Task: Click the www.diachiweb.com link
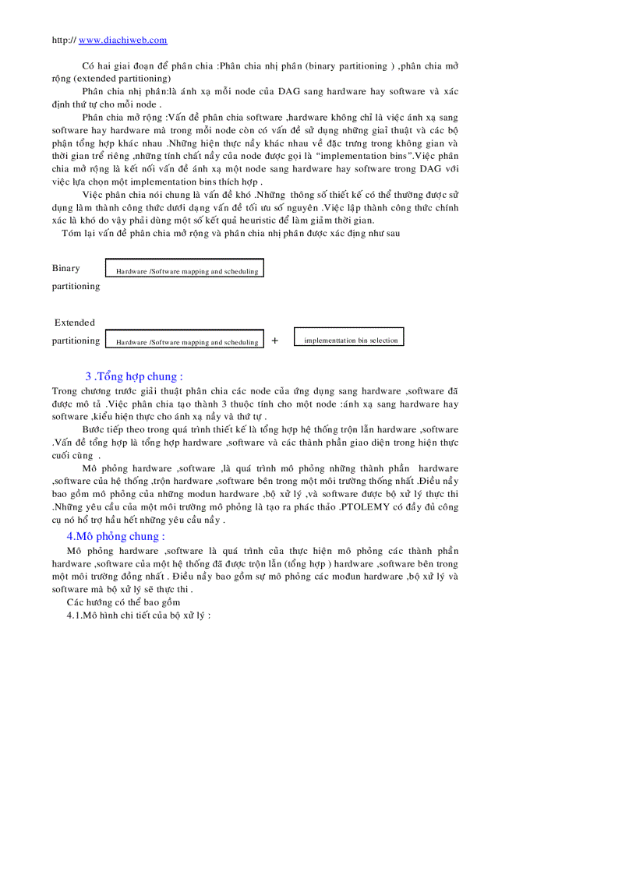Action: pyautogui.click(x=123, y=41)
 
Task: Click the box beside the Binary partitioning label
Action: pyautogui.click(x=185, y=269)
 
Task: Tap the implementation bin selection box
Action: pyautogui.click(x=349, y=337)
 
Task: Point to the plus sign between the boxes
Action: pyautogui.click(x=275, y=340)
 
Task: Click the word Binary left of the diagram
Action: pyautogui.click(x=66, y=268)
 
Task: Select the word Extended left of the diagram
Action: pyautogui.click(x=75, y=323)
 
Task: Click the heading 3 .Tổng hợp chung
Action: pyautogui.click(x=134, y=377)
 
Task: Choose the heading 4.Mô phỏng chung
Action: pyautogui.click(x=115, y=537)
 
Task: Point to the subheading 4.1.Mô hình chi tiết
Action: pyautogui.click(x=139, y=615)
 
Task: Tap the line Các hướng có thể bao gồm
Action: pyautogui.click(x=123, y=602)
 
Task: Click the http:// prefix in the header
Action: pyautogui.click(x=64, y=41)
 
